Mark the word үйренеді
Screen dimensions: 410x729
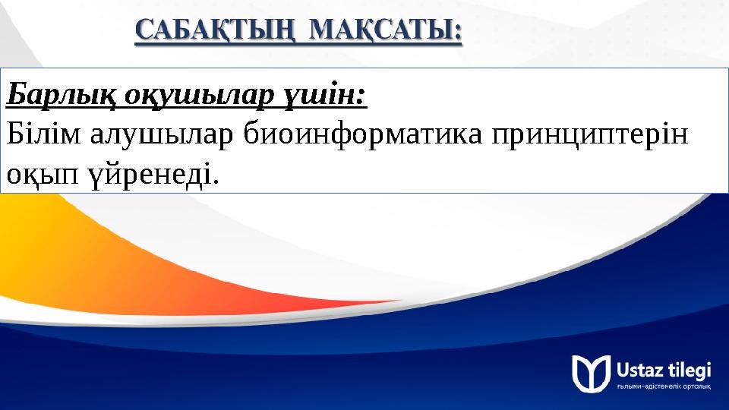point(150,175)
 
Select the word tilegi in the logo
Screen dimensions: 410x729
point(692,370)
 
